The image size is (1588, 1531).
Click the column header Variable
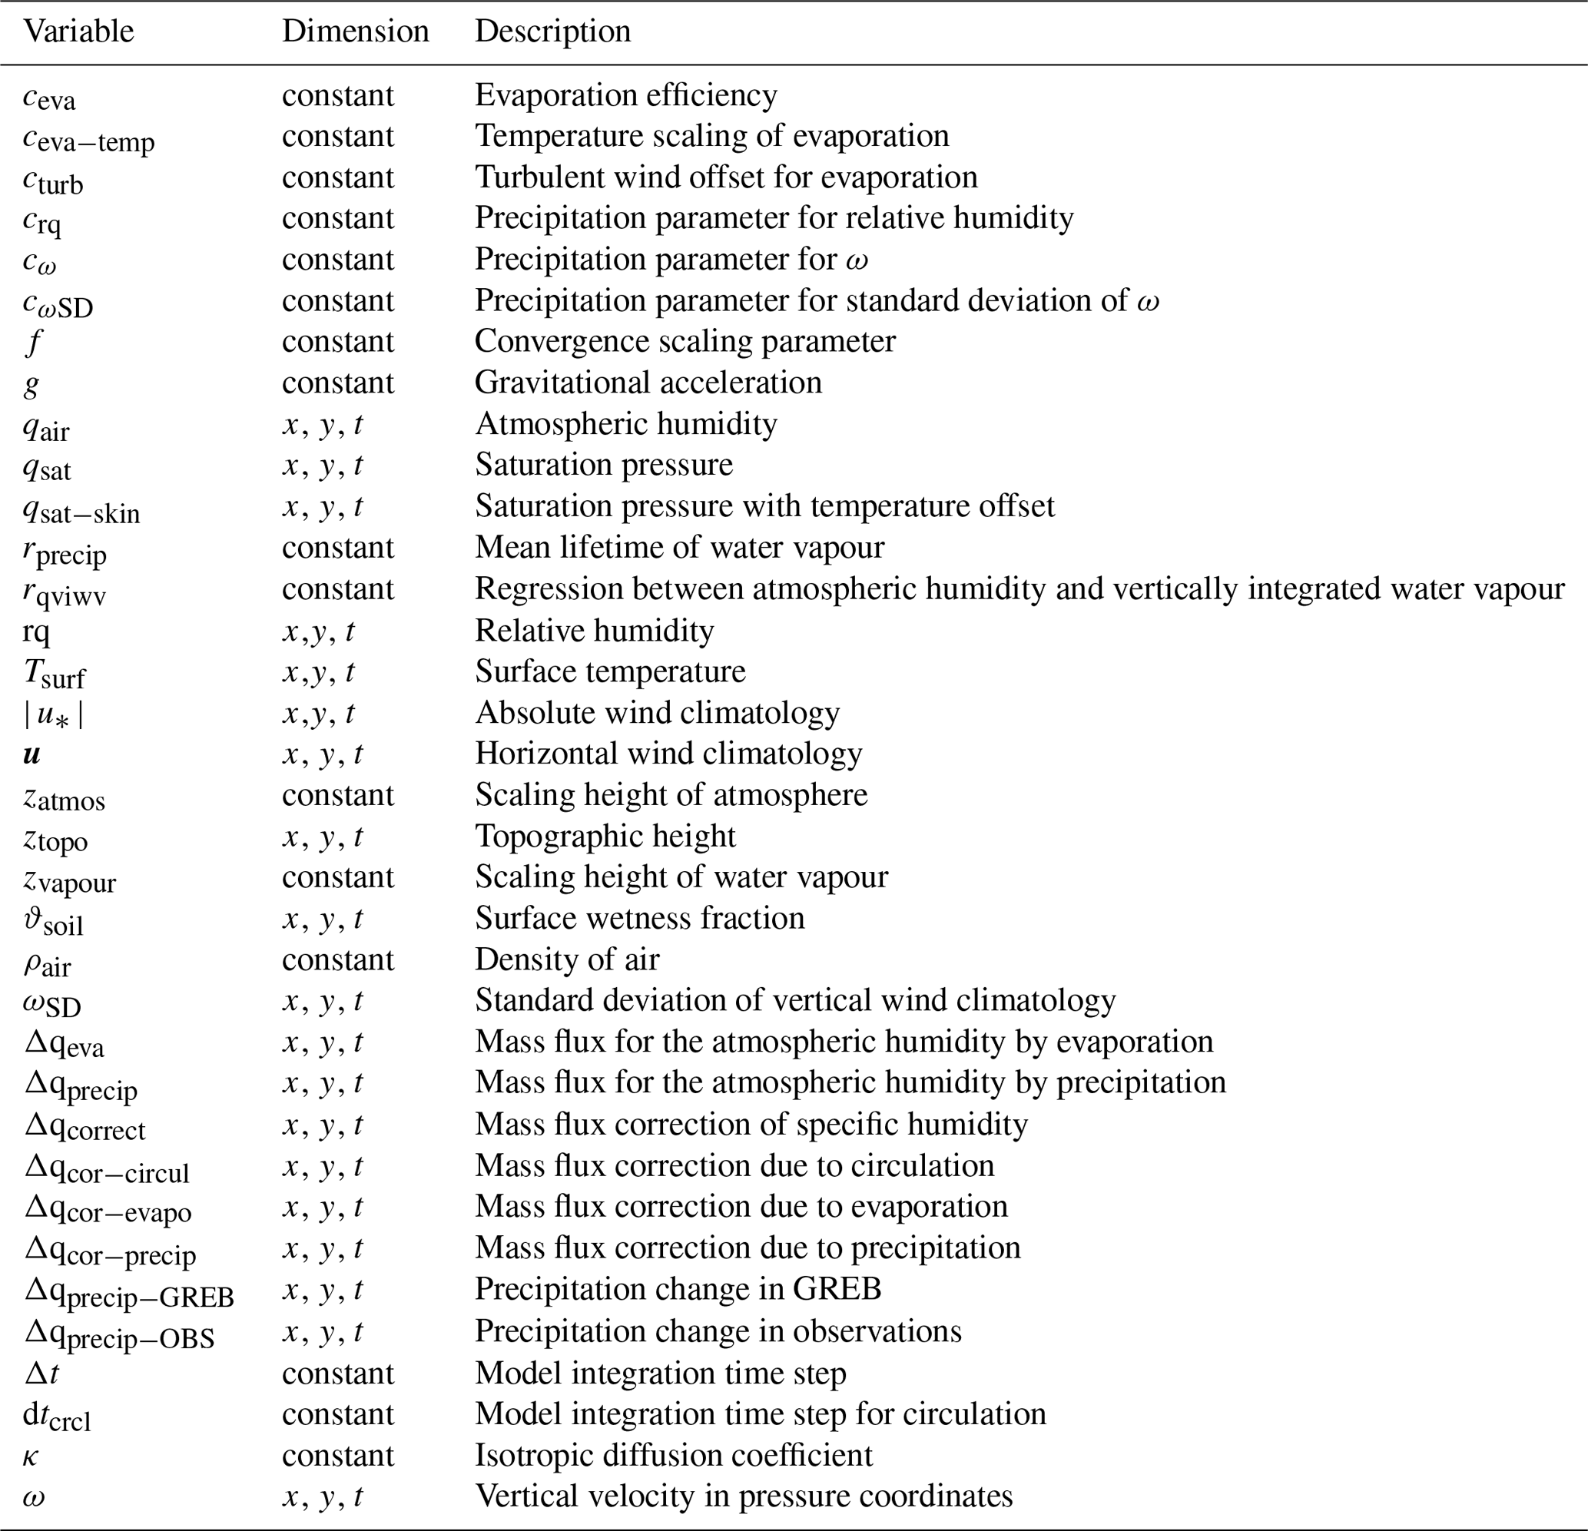[78, 31]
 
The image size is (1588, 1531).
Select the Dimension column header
[355, 31]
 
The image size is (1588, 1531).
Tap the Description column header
[552, 31]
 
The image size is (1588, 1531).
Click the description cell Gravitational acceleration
[648, 383]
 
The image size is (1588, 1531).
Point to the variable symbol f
[33, 342]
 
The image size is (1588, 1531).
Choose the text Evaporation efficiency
[625, 94]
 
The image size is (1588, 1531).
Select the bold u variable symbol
[31, 754]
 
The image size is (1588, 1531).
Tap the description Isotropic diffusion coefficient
[673, 1455]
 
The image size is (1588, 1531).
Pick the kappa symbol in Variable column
[31, 1456]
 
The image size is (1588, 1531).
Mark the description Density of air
[567, 959]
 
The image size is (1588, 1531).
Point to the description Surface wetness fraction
[640, 918]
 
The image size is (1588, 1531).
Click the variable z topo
[55, 838]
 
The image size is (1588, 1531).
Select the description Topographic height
[605, 836]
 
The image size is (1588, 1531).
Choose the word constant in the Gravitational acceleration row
[338, 383]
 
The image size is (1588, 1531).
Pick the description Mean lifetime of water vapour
[679, 548]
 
